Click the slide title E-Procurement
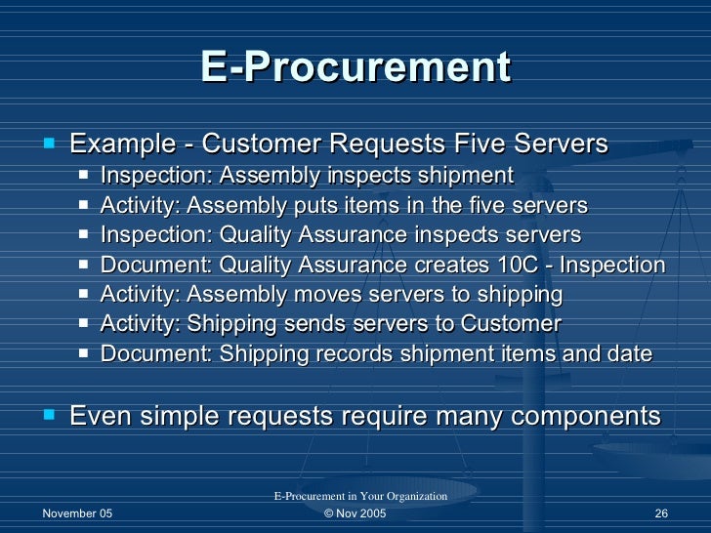coord(355,67)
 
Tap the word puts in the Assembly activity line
coord(303,206)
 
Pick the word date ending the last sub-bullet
coord(629,354)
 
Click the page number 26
coord(660,514)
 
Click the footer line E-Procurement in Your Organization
coord(359,497)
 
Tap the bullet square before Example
coord(50,143)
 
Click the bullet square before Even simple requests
coord(50,416)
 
